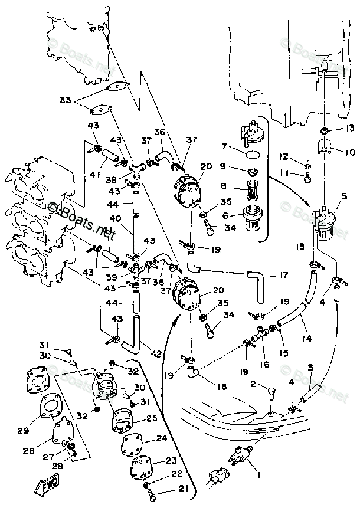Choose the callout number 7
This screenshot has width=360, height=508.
click(x=224, y=146)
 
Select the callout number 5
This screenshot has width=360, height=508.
click(x=343, y=197)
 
